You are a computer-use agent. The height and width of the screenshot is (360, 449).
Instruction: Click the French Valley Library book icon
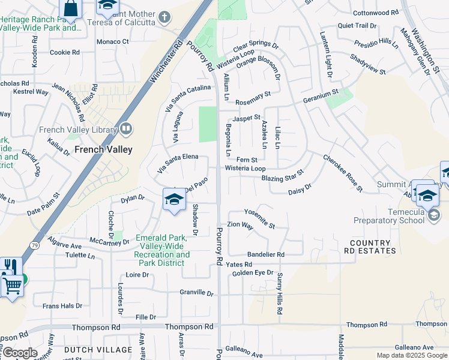(x=126, y=128)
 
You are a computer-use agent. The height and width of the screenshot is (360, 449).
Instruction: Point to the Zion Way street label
(x=240, y=225)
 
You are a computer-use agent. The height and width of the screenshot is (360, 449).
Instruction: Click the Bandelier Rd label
(x=265, y=254)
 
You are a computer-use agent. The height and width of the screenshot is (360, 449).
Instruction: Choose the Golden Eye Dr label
(x=253, y=273)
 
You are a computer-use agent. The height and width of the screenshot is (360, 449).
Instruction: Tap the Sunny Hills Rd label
(x=280, y=294)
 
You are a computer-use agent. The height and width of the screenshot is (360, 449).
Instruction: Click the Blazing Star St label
(x=282, y=176)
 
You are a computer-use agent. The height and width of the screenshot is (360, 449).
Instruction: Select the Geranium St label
(x=321, y=95)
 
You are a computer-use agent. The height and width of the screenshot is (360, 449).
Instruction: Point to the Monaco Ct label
(x=113, y=41)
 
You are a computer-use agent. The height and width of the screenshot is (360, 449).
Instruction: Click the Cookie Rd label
(x=65, y=52)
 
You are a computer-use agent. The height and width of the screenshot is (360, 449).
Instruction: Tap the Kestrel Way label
(x=31, y=92)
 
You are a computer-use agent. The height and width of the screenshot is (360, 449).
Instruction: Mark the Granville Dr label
(x=196, y=293)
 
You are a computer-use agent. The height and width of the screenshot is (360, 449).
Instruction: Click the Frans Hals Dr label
(x=62, y=306)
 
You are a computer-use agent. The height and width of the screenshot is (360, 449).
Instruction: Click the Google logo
(x=19, y=353)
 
